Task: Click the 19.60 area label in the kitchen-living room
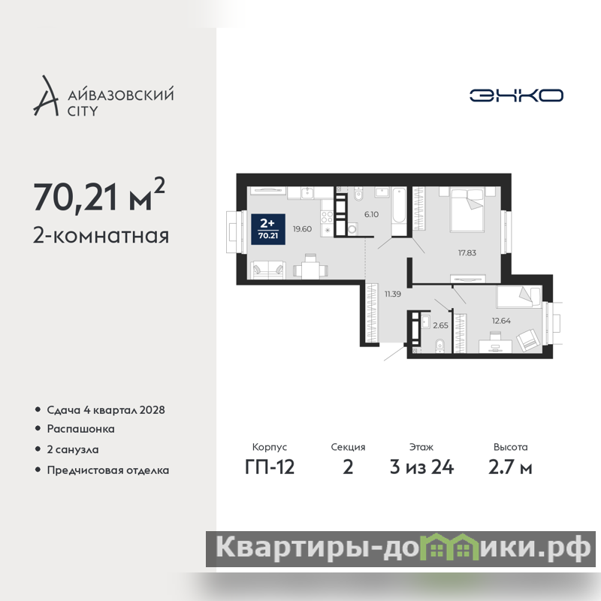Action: coord(302,229)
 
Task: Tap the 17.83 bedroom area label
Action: coord(467,253)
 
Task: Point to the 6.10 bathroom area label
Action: coord(371,215)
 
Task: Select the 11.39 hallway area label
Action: coord(393,294)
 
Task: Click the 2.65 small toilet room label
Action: coord(440,325)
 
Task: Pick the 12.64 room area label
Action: coord(501,321)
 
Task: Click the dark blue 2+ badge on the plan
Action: coord(268,229)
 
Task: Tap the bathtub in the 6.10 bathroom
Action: coord(399,211)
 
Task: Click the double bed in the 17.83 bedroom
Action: coord(467,210)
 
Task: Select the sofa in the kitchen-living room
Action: coord(268,270)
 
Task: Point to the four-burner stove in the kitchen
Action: coord(327,217)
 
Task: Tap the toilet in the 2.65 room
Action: coord(439,345)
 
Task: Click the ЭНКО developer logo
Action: coord(516,95)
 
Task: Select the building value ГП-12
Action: coord(270,467)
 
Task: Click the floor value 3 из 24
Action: coord(421,467)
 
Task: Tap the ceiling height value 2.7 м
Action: coord(510,467)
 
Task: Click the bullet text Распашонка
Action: coord(81,429)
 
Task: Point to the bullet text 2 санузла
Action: coord(73,449)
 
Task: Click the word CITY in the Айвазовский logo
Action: coord(83,111)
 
